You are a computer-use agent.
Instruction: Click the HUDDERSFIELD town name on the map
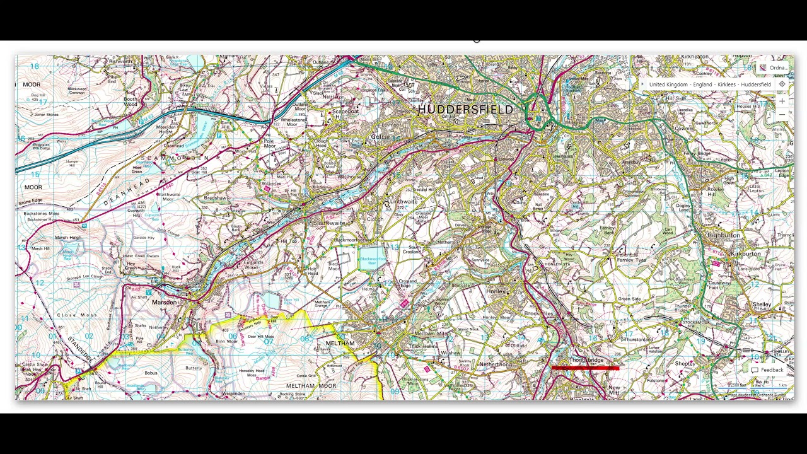[x=465, y=110]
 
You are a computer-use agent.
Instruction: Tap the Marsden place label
[x=165, y=303]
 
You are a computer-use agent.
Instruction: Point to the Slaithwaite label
[x=329, y=223]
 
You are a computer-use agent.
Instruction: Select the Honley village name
[x=496, y=291]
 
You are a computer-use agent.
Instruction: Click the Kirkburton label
[x=745, y=253]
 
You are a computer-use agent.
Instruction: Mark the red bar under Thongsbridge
[x=585, y=368]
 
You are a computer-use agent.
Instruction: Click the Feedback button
[x=767, y=370]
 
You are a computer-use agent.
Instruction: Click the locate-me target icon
[x=782, y=84]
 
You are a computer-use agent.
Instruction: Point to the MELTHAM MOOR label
[x=311, y=385]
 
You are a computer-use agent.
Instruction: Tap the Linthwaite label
[x=403, y=202]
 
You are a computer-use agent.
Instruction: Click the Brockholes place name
[x=538, y=313]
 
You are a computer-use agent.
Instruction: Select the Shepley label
[x=685, y=364]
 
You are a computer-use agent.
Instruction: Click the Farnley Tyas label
[x=631, y=260]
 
